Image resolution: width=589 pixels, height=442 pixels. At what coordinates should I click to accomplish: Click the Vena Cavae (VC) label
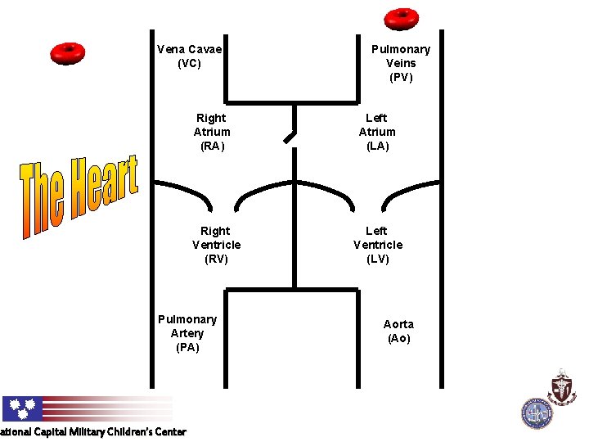189,56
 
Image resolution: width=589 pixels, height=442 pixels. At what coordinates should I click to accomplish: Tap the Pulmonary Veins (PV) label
401,63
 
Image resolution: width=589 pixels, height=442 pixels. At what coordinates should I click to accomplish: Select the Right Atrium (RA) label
212,132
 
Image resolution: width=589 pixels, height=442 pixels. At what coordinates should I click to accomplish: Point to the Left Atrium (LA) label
377,132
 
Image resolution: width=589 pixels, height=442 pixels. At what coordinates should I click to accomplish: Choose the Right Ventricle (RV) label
216,245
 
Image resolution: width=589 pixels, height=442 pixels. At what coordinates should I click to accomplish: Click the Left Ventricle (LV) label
378,245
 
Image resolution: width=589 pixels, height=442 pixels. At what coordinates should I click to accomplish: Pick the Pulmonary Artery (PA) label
187,333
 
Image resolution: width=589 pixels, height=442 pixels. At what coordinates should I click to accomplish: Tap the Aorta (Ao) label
398,331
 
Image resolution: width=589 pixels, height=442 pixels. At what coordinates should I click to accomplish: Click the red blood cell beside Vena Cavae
68,53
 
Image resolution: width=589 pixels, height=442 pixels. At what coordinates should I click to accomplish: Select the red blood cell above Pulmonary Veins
402,17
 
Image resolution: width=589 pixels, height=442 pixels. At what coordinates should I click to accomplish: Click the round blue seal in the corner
537,413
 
